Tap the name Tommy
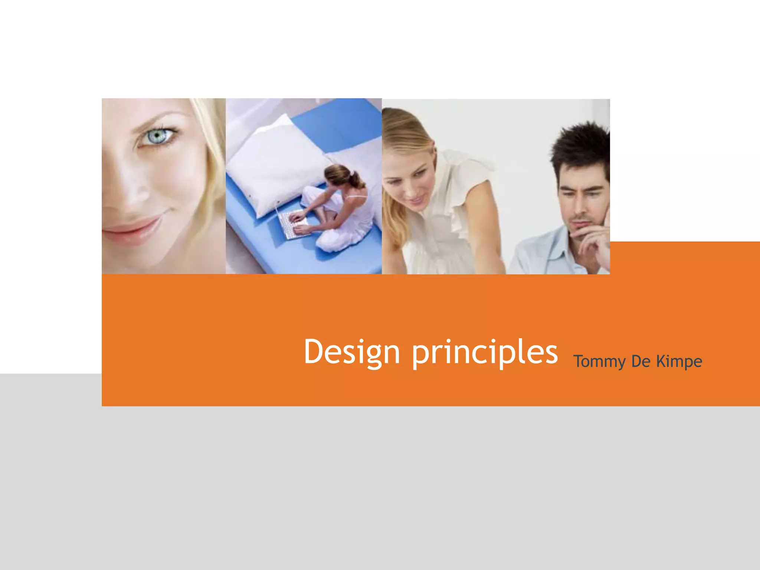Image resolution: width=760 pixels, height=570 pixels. click(599, 361)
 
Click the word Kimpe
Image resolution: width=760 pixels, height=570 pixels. click(679, 361)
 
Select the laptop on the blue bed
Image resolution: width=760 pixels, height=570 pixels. click(291, 225)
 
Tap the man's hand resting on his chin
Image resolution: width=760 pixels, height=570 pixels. click(594, 237)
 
